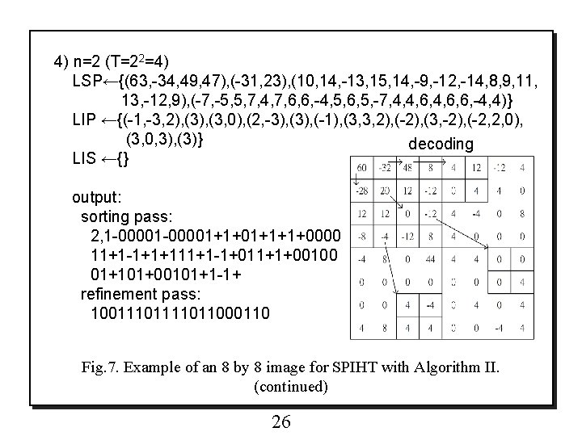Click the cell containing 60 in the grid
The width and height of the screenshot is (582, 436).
pyautogui.click(x=361, y=168)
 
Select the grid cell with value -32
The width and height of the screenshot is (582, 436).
pyautogui.click(x=386, y=168)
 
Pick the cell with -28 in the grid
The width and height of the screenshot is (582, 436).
pyautogui.click(x=361, y=191)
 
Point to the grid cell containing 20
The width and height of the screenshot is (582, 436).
pyautogui.click(x=386, y=191)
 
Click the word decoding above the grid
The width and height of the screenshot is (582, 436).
pyautogui.click(x=441, y=144)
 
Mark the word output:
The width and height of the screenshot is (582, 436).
pyautogui.click(x=98, y=198)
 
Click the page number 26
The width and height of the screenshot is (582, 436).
pyautogui.click(x=280, y=422)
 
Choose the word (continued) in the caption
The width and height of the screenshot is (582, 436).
pyautogui.click(x=290, y=387)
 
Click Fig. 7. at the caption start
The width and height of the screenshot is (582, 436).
pyautogui.click(x=103, y=368)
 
